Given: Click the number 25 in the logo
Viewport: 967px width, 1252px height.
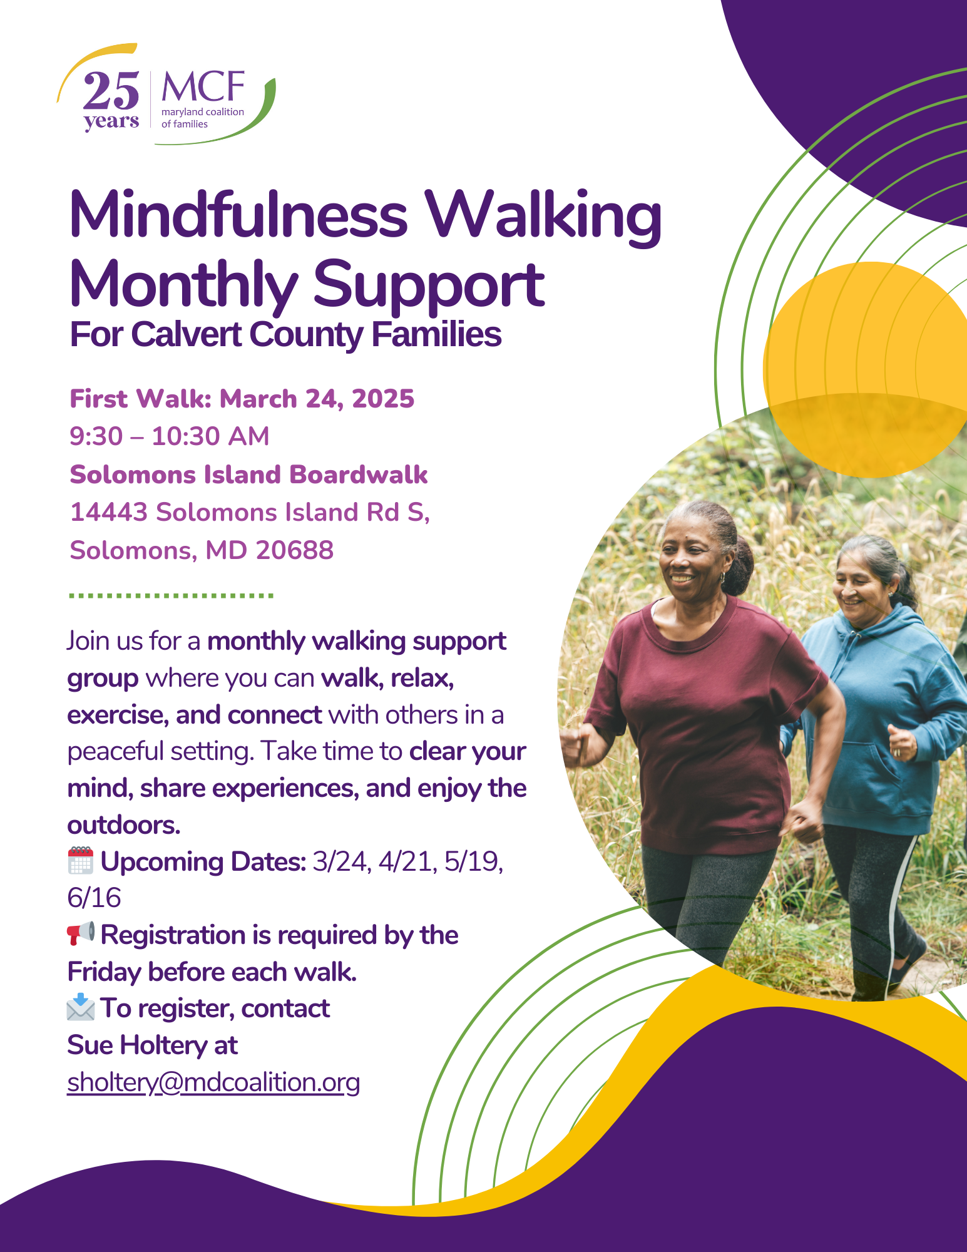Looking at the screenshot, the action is click(x=111, y=91).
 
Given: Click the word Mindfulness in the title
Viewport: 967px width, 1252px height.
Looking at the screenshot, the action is click(x=238, y=215).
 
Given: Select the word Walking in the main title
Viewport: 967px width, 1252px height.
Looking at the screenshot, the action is click(x=543, y=218).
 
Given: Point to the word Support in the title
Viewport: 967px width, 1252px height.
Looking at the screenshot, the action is click(x=429, y=286).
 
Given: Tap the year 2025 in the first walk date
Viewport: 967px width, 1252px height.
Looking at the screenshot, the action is click(x=383, y=399).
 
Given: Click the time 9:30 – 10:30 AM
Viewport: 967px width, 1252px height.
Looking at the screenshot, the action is click(x=170, y=436).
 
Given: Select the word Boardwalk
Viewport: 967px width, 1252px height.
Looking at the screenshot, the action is click(x=359, y=475).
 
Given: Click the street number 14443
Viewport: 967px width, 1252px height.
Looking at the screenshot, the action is click(x=109, y=512).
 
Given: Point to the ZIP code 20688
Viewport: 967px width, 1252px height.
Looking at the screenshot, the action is click(x=295, y=550).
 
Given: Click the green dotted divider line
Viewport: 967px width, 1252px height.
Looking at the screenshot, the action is click(x=171, y=595).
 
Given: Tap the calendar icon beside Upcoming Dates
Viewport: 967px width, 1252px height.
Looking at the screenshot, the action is click(x=81, y=860).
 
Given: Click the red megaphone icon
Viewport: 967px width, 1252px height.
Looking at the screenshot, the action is click(x=81, y=933).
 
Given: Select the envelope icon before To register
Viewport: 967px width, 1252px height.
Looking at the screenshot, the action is click(x=81, y=1007).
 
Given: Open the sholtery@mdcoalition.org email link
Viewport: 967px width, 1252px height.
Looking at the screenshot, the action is click(x=213, y=1082).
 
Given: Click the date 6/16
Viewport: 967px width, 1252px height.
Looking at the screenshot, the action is click(x=94, y=898).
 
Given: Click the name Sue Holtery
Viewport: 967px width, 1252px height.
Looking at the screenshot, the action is click(x=137, y=1045).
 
